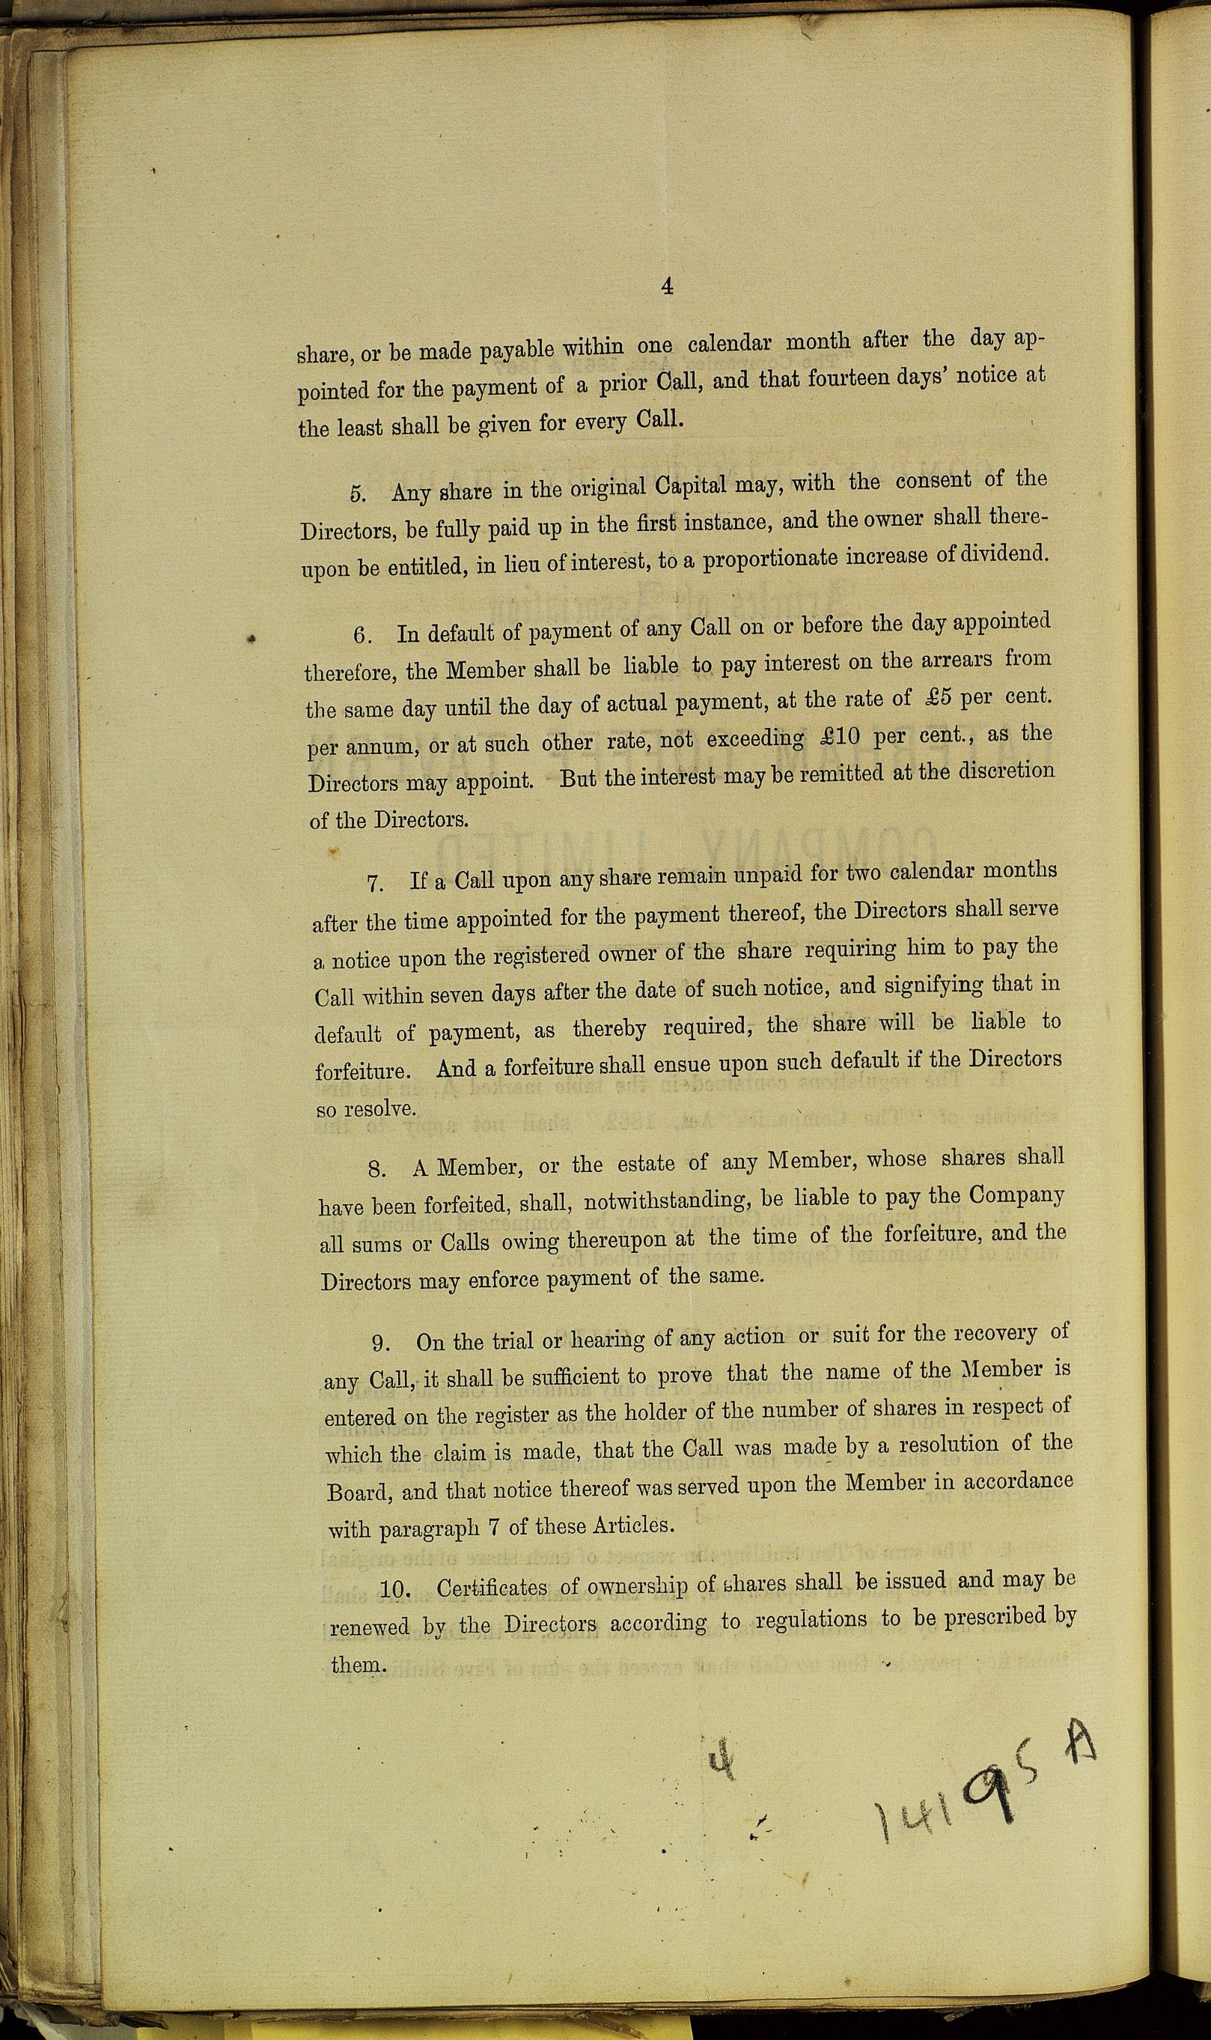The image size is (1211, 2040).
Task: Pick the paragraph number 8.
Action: [x=377, y=1168]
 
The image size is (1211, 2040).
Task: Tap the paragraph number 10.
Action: [x=394, y=1589]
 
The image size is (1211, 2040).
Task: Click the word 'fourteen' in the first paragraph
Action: [x=842, y=380]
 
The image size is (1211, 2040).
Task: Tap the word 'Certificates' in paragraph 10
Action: [x=491, y=1588]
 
